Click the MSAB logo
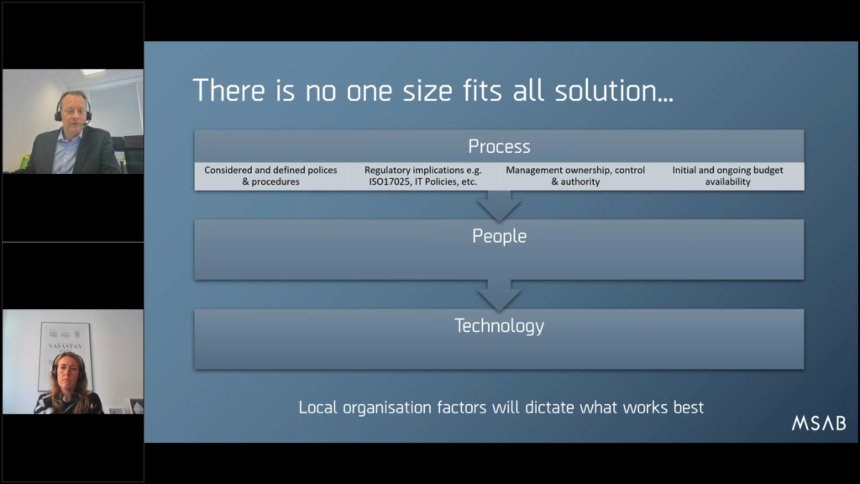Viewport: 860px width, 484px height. pyautogui.click(x=818, y=423)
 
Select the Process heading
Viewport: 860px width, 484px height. pyautogui.click(x=499, y=146)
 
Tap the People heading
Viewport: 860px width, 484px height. pyautogui.click(x=499, y=236)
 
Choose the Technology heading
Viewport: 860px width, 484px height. pyautogui.click(x=499, y=325)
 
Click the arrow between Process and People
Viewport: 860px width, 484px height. pyautogui.click(x=499, y=206)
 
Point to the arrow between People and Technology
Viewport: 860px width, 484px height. pyautogui.click(x=499, y=295)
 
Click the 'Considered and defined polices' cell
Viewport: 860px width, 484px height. pyautogui.click(x=271, y=176)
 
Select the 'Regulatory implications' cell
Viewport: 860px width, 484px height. pyautogui.click(x=423, y=176)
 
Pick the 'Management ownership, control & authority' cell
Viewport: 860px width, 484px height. pyautogui.click(x=575, y=176)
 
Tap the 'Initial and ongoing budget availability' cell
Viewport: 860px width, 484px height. pyautogui.click(x=728, y=176)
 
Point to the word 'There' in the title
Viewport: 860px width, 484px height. pyautogui.click(x=228, y=91)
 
